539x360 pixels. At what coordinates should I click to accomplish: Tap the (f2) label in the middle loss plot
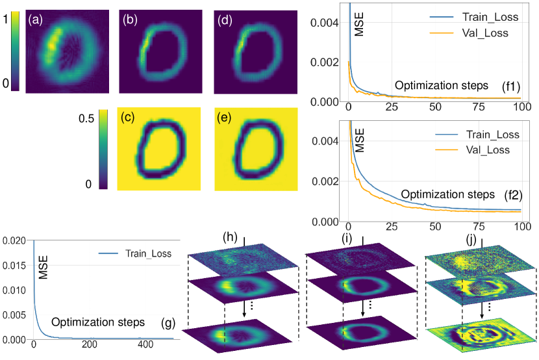[514, 194]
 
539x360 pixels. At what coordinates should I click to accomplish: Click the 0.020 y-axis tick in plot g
[15, 241]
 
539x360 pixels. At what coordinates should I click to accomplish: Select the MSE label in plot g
[44, 270]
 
